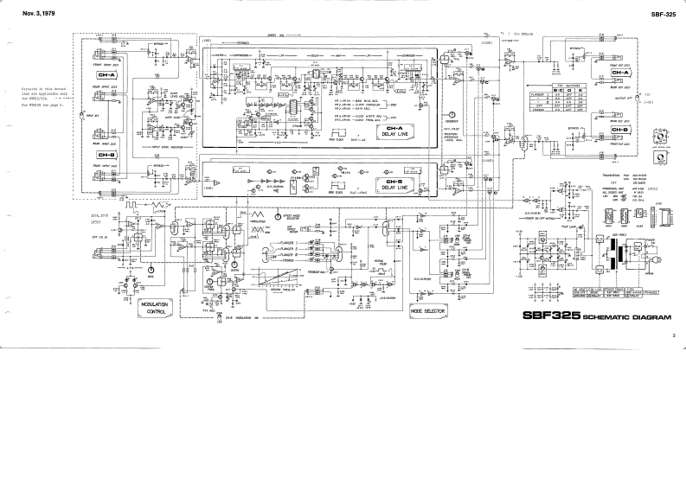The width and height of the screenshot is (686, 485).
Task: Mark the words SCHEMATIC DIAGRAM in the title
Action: (622, 317)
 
